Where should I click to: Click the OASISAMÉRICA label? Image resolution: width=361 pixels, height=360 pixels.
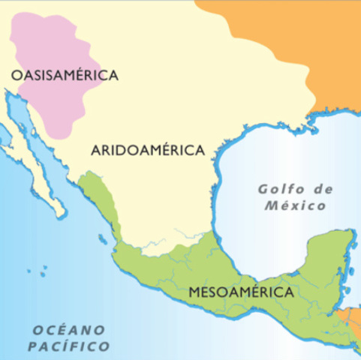point(65,75)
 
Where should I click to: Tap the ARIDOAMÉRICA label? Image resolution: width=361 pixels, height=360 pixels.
point(148,150)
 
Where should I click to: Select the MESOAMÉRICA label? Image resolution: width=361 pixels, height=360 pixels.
point(241,292)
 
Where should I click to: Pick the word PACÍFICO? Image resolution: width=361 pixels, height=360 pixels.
point(68,346)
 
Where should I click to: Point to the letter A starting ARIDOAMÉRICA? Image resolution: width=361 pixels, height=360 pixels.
point(96,150)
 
